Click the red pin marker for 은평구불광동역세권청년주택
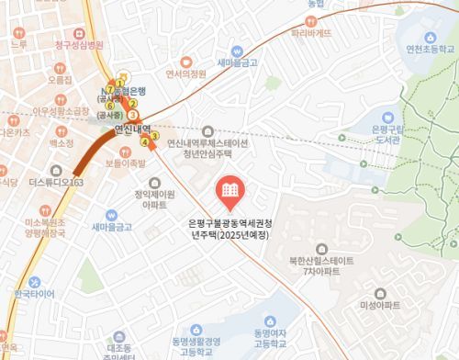tap(229, 192)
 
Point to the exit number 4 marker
tap(143, 142)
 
